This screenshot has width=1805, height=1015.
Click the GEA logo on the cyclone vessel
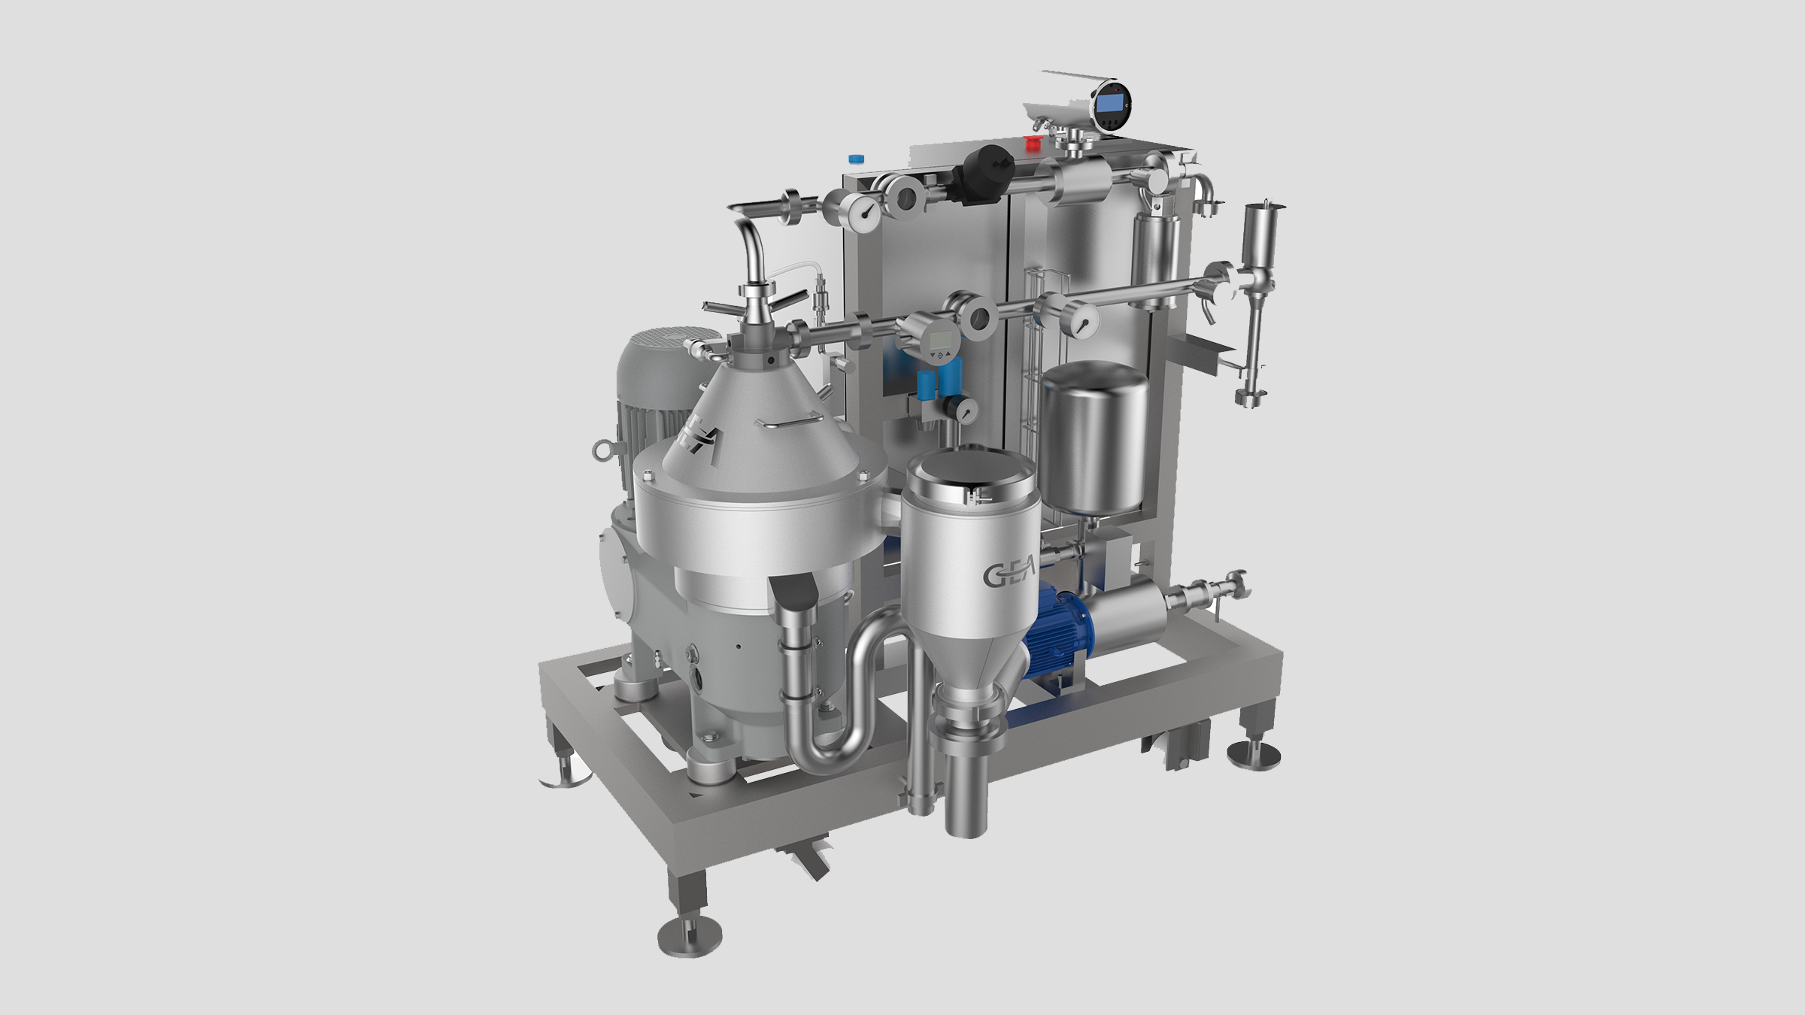(x=1009, y=573)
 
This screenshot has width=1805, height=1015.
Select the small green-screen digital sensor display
(x=939, y=340)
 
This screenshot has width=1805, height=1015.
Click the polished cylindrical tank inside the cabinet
(x=1095, y=437)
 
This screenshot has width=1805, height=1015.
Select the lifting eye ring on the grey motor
(x=603, y=449)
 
